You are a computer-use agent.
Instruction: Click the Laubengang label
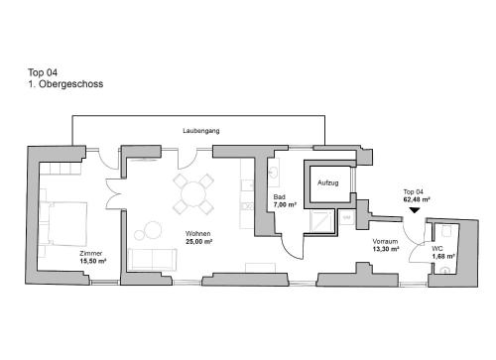click(201, 131)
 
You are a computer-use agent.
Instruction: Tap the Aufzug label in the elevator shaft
click(327, 182)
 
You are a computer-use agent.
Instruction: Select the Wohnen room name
click(197, 234)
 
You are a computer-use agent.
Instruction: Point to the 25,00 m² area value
click(198, 242)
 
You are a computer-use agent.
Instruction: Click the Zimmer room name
click(91, 254)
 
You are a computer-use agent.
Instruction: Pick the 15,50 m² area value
click(93, 261)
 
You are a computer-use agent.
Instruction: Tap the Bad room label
click(279, 197)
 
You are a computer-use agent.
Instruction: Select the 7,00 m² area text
click(285, 205)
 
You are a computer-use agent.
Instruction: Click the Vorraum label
click(385, 241)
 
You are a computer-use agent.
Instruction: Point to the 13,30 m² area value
click(386, 249)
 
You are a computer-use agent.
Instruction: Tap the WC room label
click(437, 249)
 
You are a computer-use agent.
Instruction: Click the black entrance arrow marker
click(415, 210)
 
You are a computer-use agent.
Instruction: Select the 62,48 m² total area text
click(417, 199)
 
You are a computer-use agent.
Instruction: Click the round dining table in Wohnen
click(193, 193)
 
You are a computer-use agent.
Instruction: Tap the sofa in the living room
click(152, 260)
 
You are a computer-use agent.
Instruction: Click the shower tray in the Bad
click(321, 221)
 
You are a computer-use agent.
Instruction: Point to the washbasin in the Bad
click(274, 172)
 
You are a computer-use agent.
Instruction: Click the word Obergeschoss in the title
click(70, 84)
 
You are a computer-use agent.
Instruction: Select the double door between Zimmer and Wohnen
click(114, 194)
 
